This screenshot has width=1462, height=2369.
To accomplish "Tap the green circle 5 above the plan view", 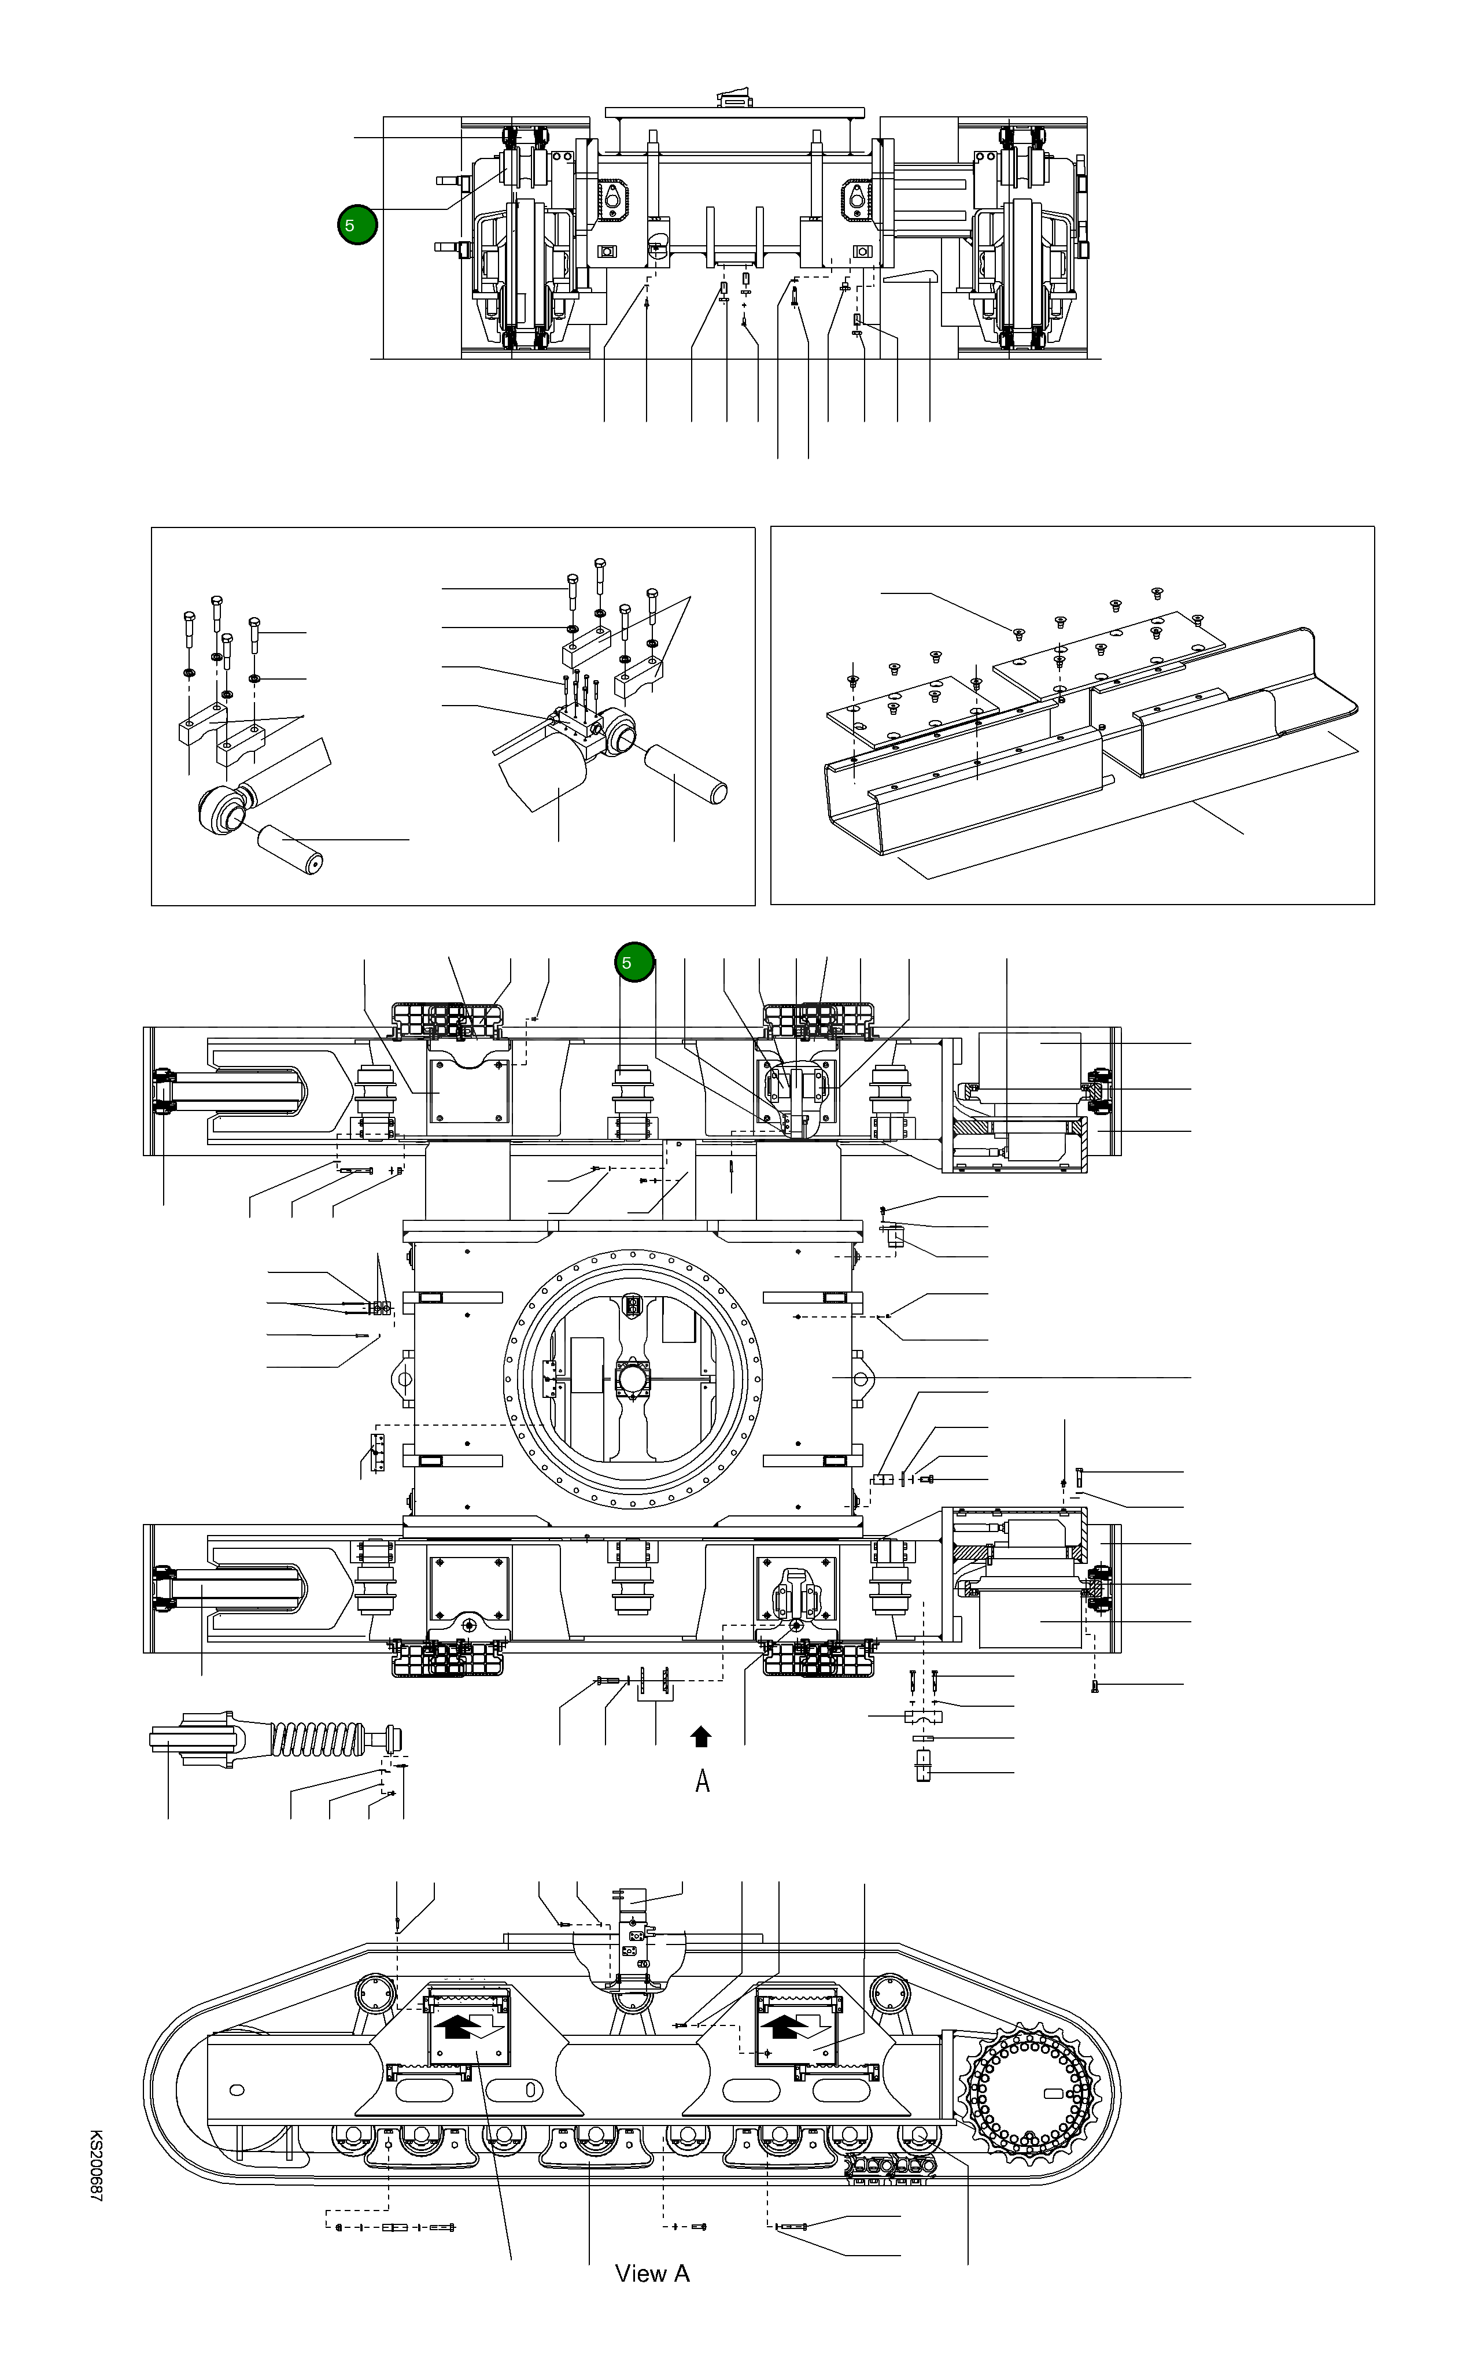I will pyautogui.click(x=634, y=962).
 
